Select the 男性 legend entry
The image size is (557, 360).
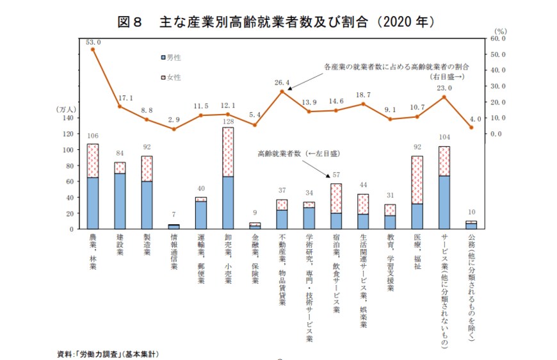tap(171, 58)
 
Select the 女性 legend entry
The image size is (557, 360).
tap(171, 78)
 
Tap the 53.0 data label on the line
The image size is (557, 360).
tap(93, 42)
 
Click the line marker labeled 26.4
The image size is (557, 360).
tap(282, 92)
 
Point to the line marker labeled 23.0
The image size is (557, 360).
tap(444, 97)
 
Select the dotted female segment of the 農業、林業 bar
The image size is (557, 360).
tap(93, 161)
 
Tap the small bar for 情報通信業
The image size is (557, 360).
tap(174, 226)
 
